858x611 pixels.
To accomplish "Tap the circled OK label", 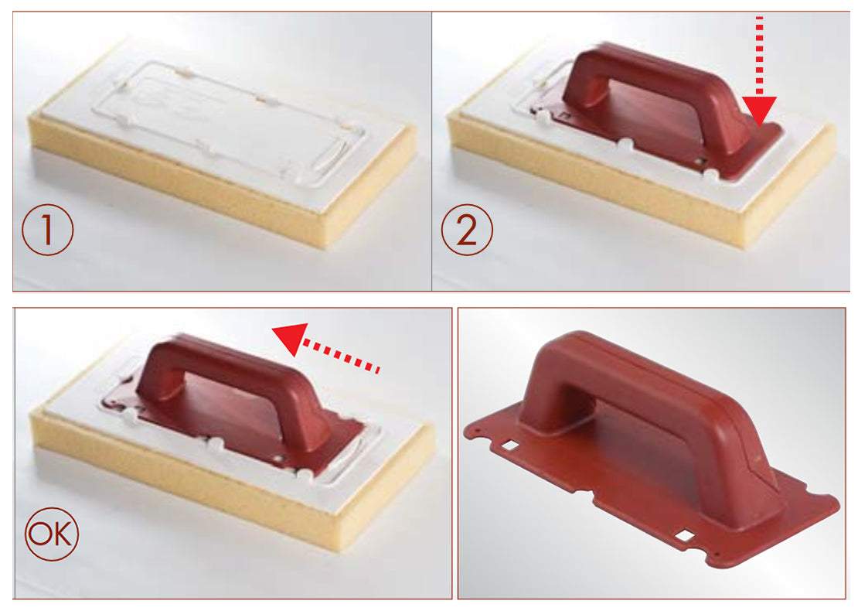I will [51, 534].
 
